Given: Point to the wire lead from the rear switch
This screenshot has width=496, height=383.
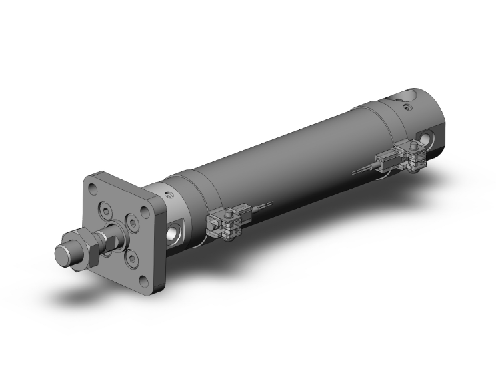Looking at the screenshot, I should (364, 172).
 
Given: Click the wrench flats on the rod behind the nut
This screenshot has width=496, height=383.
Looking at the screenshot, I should (110, 237).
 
